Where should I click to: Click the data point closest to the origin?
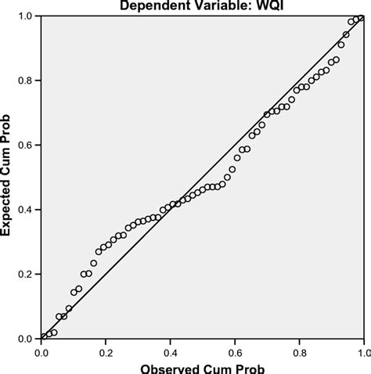(x=43, y=337)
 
